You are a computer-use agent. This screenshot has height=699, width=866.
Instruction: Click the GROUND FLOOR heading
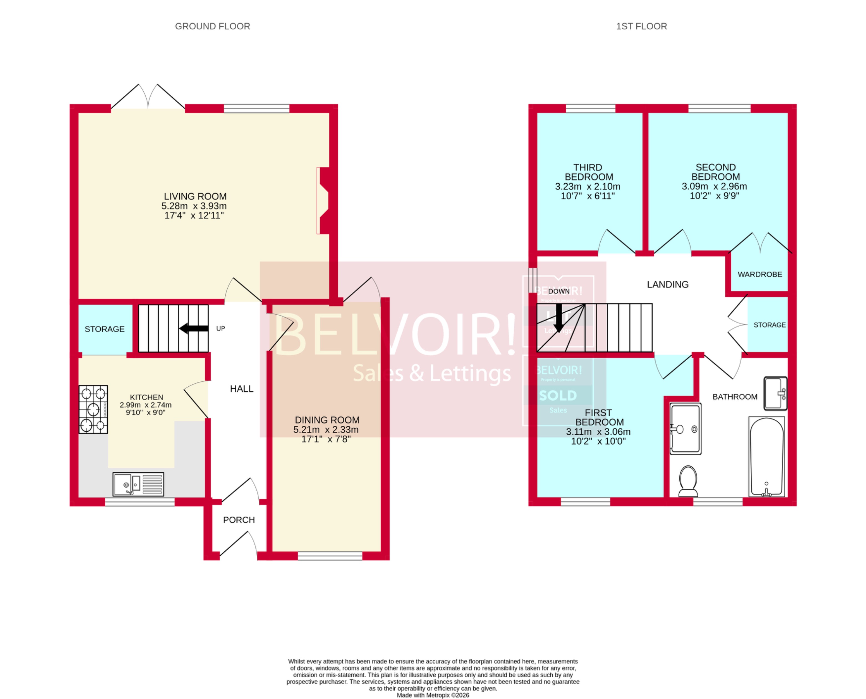point(212,26)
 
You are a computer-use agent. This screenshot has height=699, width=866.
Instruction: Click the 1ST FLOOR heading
point(641,26)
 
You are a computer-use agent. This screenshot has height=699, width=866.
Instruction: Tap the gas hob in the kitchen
point(93,409)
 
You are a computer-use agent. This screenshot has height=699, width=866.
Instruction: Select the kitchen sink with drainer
point(138,484)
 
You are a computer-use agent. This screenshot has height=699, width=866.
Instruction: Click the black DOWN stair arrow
point(558,318)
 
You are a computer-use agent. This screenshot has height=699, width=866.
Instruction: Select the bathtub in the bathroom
point(767,457)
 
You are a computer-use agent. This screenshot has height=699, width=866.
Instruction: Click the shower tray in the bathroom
point(685,429)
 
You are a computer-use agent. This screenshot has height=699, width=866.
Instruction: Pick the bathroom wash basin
point(775,393)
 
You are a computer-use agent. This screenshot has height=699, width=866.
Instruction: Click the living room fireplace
point(323,201)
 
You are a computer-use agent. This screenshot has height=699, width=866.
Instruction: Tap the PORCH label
point(239,520)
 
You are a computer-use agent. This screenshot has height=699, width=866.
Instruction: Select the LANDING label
point(668,284)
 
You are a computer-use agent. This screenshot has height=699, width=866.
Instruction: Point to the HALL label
point(242,389)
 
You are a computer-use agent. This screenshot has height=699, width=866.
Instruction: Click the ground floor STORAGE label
point(105,329)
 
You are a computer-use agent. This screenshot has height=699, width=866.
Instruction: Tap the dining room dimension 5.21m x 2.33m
point(326,429)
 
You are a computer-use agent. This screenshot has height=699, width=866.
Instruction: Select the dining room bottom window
point(330,556)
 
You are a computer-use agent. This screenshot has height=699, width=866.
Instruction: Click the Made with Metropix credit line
point(433,695)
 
